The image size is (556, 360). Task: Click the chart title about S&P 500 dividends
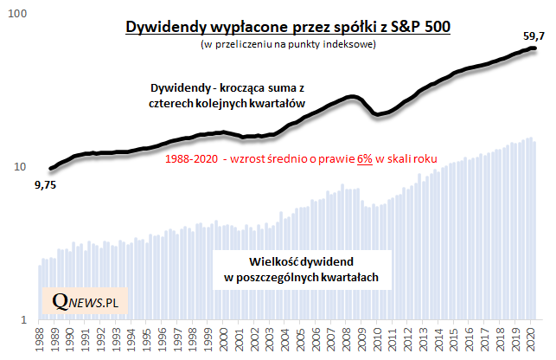point(287,27)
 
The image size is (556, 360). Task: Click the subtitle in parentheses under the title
point(287,44)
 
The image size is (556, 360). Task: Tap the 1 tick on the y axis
point(26,320)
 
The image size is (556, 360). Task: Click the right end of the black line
point(534,48)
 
